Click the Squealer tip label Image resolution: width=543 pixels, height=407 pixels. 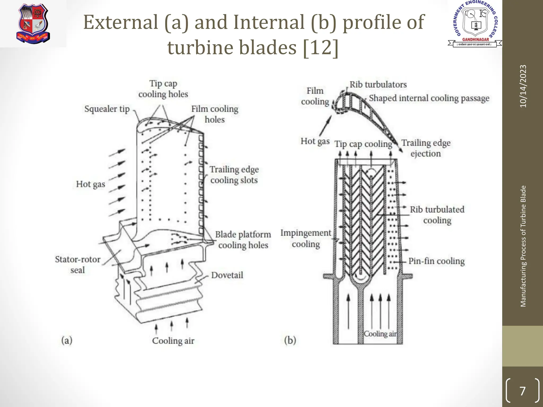107,109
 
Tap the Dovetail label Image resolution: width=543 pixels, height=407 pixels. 227,275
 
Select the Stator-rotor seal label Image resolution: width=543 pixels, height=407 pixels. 77,264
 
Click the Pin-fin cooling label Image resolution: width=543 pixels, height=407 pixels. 436,261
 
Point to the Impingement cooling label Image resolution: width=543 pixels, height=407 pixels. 306,238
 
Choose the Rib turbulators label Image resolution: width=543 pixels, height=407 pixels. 378,85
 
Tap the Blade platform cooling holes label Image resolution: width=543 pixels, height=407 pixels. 243,240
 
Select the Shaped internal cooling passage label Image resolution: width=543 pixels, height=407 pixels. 429,98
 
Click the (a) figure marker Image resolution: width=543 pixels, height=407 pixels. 67,340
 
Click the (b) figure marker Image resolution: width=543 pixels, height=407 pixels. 290,340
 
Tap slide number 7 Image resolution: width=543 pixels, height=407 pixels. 522,391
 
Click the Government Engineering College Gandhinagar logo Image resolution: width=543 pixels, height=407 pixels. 475,24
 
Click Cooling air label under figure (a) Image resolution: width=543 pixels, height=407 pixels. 173,340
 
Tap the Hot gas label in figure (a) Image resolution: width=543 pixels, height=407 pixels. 90,184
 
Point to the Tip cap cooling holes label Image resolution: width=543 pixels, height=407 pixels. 163,89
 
